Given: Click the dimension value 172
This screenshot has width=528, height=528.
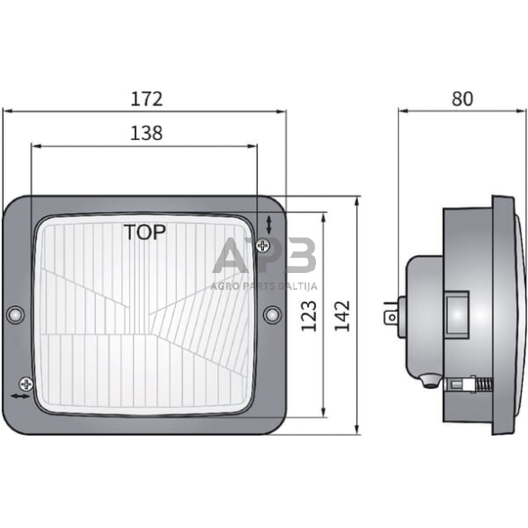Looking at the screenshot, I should click(145, 98).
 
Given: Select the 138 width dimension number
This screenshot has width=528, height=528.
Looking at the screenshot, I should click(145, 133).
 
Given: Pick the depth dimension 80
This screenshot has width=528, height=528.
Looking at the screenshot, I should click(462, 98).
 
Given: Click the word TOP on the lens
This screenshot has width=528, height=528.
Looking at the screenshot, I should click(145, 233).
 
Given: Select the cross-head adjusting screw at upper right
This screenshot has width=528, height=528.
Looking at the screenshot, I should click(263, 244).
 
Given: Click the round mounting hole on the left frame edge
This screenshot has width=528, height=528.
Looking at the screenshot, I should click(14, 314).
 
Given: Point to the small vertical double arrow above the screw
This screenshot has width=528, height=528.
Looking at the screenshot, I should click(270, 224).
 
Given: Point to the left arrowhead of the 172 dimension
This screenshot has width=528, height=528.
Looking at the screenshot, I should click(7, 111).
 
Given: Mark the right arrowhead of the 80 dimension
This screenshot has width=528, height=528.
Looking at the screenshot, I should click(518, 111).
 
